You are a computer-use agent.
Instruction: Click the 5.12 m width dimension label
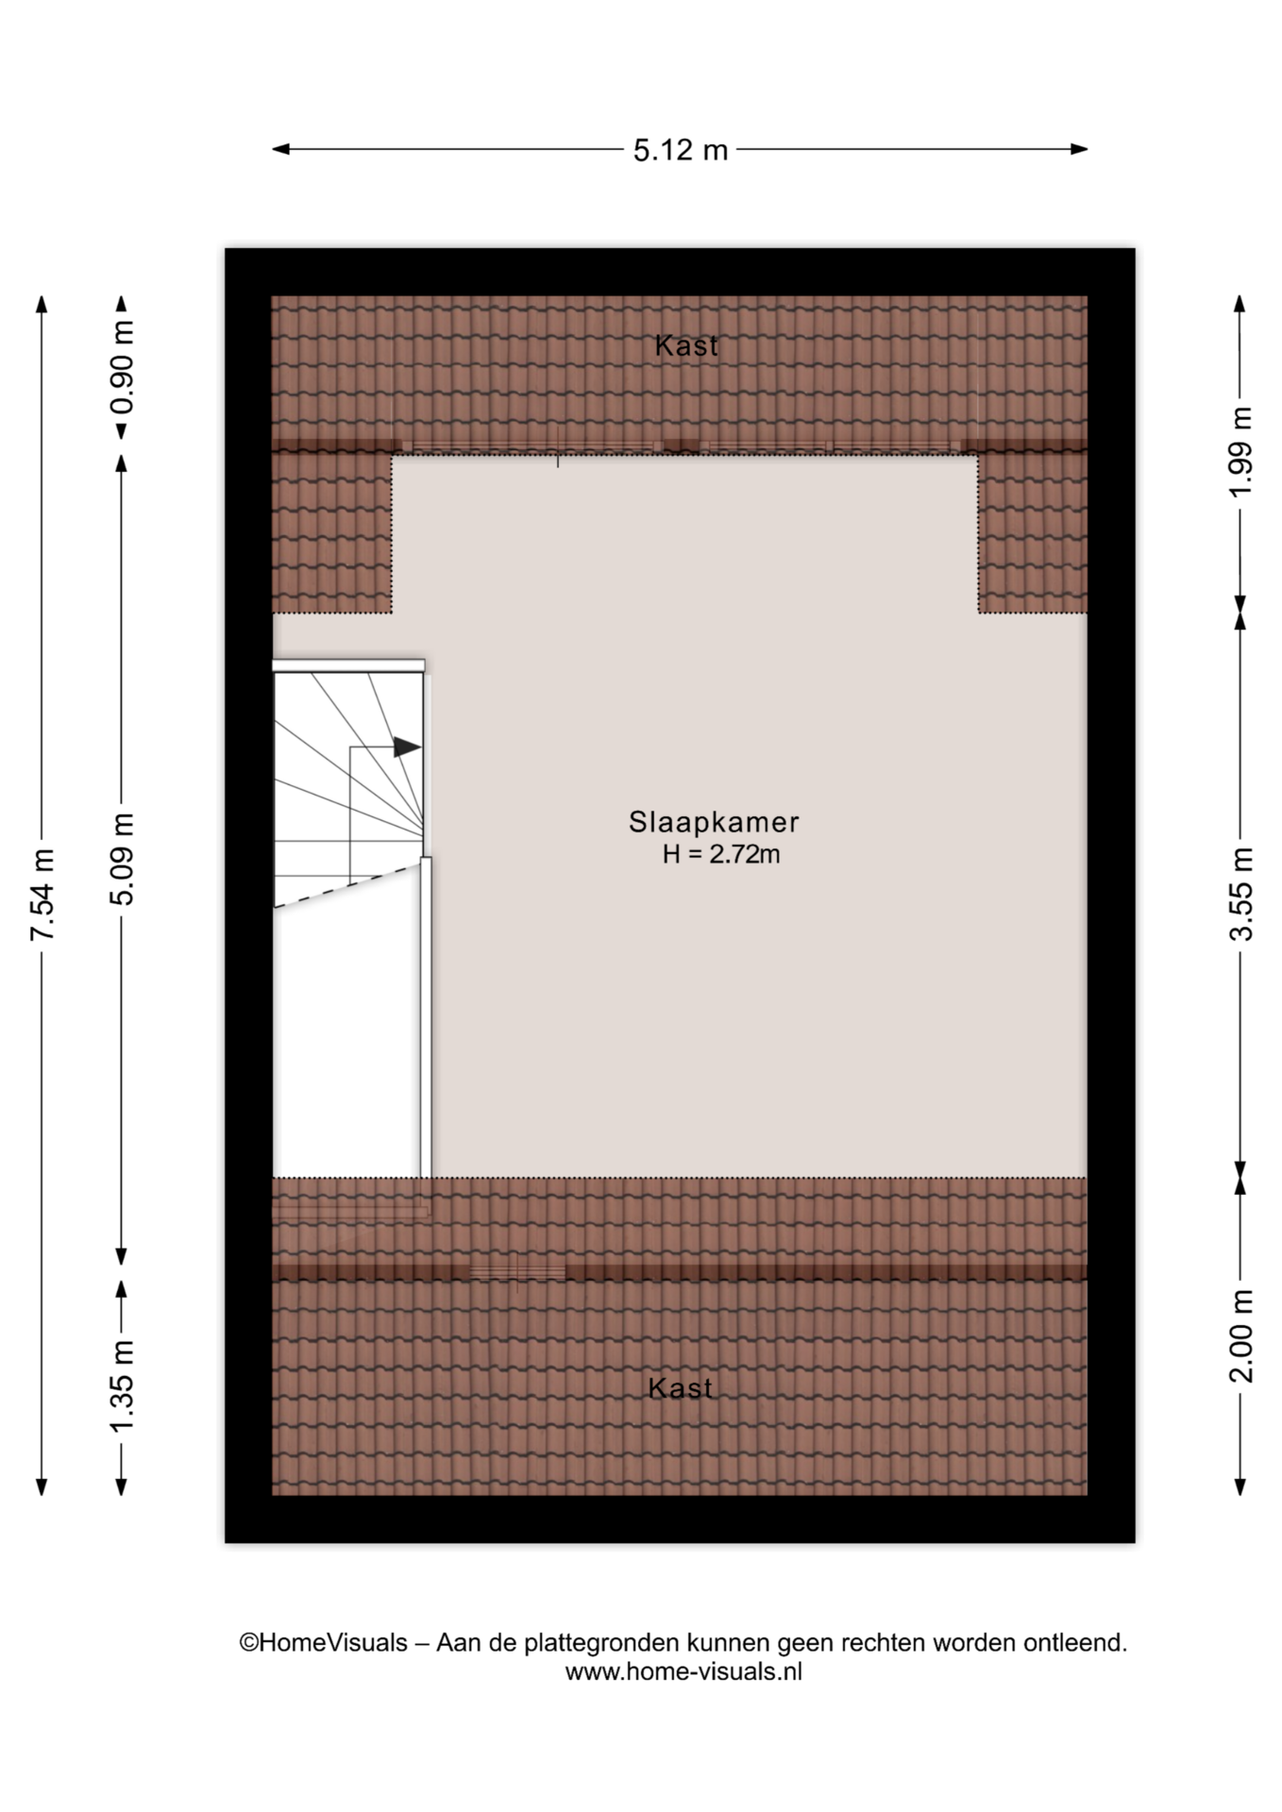(680, 150)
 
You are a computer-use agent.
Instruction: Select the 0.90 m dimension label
(122, 368)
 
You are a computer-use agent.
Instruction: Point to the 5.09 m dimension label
(122, 858)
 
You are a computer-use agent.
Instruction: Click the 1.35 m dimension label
(122, 1385)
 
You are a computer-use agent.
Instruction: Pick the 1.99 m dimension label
(1240, 452)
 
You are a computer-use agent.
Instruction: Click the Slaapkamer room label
(714, 822)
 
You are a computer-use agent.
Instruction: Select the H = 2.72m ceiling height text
(721, 855)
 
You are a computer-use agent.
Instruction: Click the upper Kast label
(686, 346)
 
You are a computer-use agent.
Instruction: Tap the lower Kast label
(680, 1388)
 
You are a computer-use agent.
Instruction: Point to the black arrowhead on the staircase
(407, 747)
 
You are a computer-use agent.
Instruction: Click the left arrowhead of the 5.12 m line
(281, 149)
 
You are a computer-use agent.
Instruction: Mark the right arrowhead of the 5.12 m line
(1079, 149)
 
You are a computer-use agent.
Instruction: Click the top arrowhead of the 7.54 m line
(42, 304)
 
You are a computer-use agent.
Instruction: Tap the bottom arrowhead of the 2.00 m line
(1240, 1486)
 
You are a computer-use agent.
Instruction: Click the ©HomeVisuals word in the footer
(323, 1643)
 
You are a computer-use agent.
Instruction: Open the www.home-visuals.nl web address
(683, 1672)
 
